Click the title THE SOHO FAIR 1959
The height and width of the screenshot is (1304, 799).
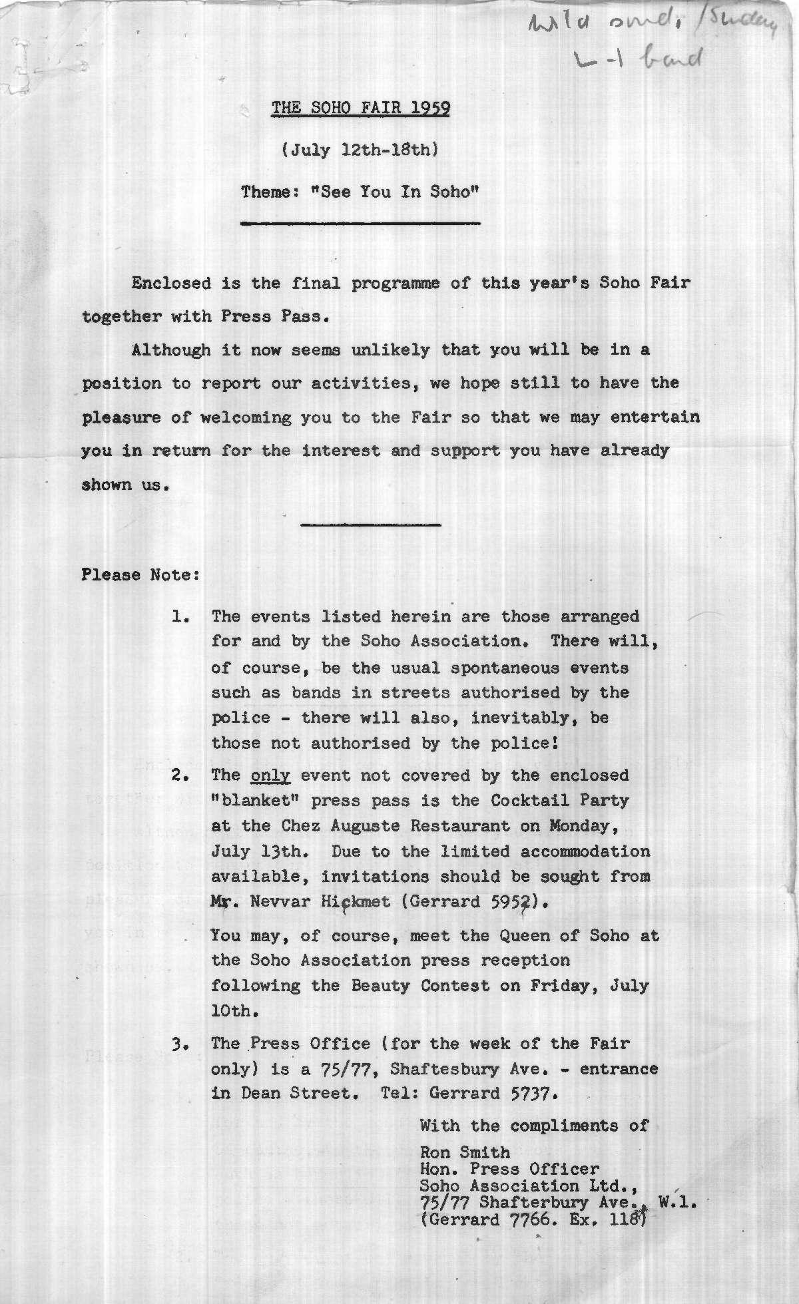click(360, 108)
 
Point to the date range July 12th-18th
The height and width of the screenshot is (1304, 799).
click(360, 150)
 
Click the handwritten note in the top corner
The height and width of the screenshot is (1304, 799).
click(653, 40)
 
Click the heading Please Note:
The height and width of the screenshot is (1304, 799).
click(140, 574)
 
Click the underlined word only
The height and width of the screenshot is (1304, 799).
click(270, 775)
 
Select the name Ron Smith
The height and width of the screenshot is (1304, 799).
click(465, 1152)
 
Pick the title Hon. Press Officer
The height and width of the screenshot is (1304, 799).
click(509, 1169)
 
